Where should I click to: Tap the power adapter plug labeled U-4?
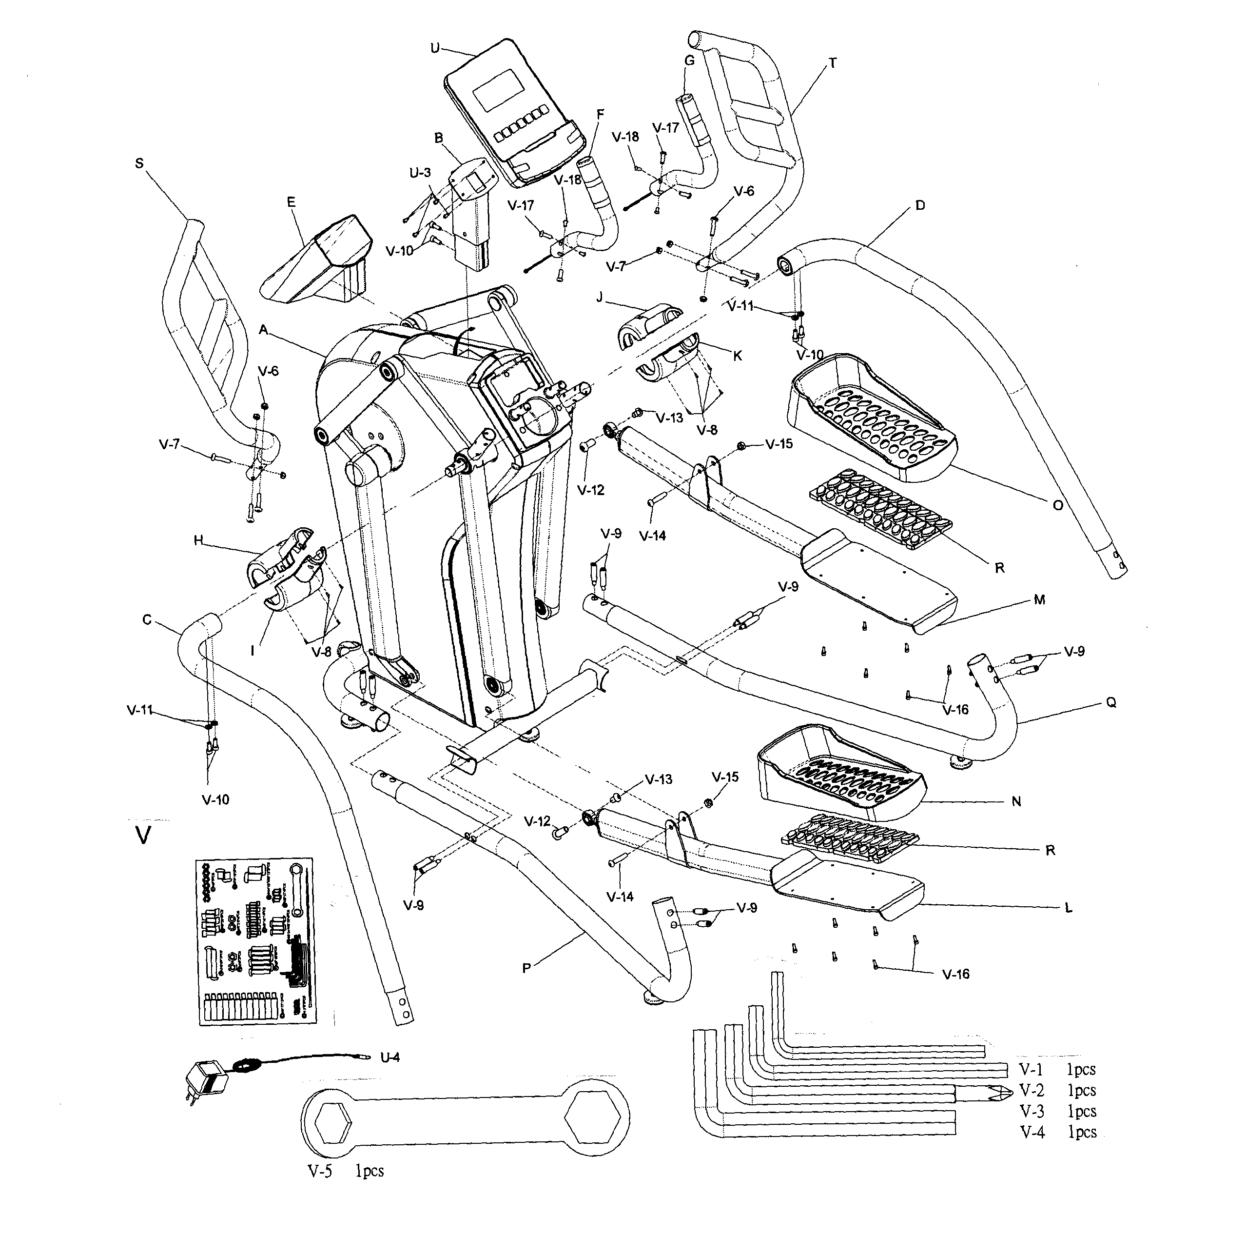[x=207, y=1083]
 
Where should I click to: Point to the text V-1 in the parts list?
[x=1031, y=1069]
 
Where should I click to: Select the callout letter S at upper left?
[x=139, y=163]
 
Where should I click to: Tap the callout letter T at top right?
[x=833, y=63]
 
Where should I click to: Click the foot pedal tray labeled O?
[x=872, y=417]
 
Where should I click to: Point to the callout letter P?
[x=527, y=968]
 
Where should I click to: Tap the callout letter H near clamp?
[x=198, y=540]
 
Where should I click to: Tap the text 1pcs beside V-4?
[x=1081, y=1132]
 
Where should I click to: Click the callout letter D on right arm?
[x=919, y=205]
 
